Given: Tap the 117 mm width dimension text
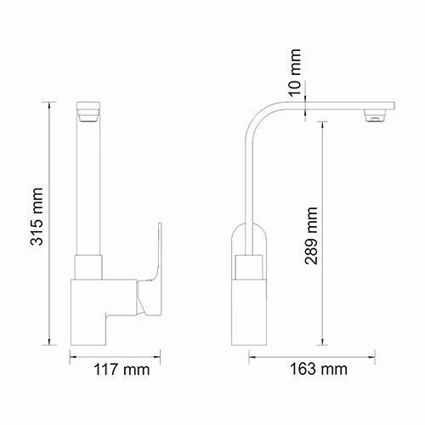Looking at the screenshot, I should click(119, 370).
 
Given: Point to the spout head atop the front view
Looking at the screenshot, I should click(90, 111).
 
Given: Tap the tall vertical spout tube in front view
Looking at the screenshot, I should click(90, 187).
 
